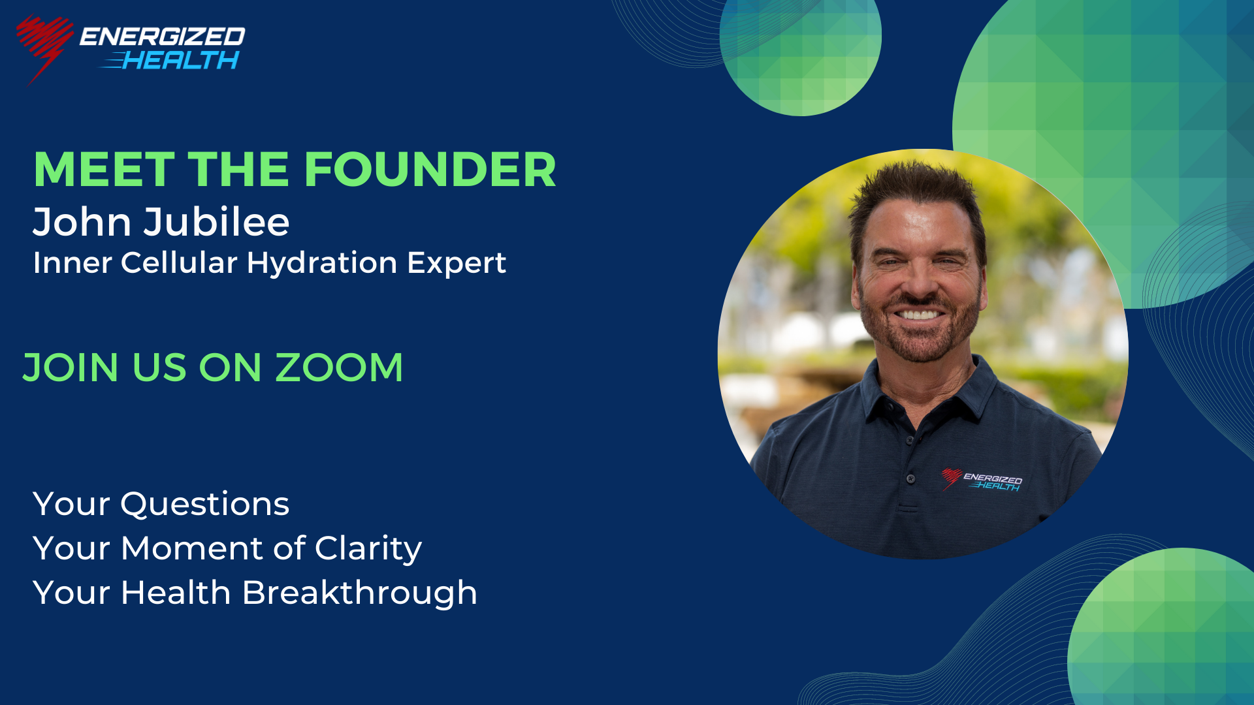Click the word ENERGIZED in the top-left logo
[x=163, y=37]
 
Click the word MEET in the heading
[x=104, y=170]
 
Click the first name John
[x=82, y=221]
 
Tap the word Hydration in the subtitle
[x=322, y=263]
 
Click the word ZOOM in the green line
[x=339, y=367]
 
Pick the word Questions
[x=204, y=505]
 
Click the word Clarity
[x=368, y=548]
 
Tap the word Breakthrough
[x=360, y=593]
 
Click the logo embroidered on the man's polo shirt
[x=982, y=480]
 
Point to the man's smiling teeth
[x=920, y=315]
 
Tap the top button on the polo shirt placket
[x=909, y=441]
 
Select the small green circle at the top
[x=801, y=49]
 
